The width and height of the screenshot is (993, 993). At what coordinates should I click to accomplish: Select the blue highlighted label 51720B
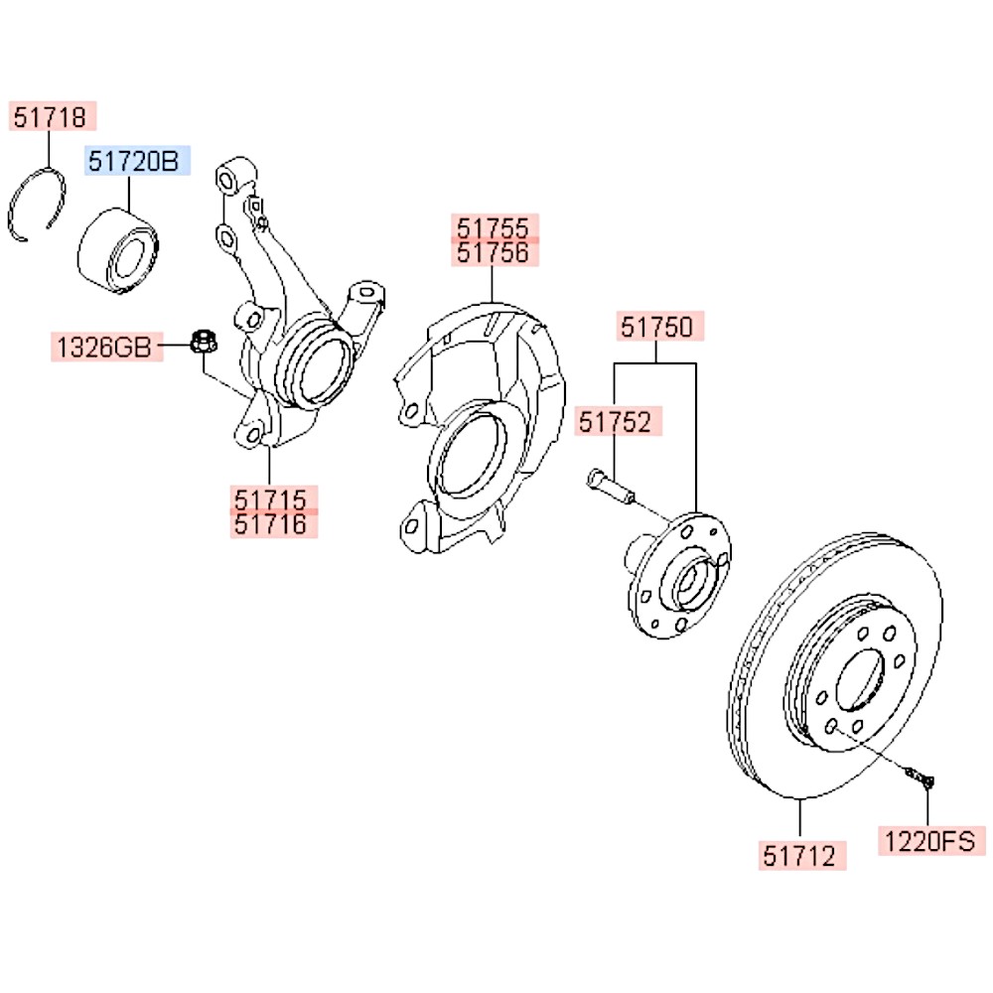[135, 161]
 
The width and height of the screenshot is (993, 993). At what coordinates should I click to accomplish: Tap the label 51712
[804, 854]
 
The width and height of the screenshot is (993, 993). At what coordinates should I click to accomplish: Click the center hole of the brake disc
[860, 682]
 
